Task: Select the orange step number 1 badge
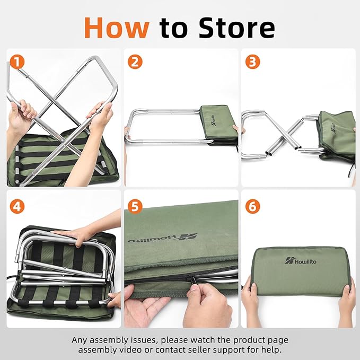(18, 62)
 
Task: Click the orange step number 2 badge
(135, 62)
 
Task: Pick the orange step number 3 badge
(253, 62)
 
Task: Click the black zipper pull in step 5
(195, 277)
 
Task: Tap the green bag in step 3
(337, 133)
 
